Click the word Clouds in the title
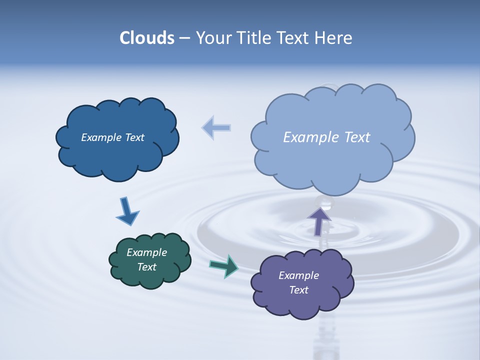tap(147, 38)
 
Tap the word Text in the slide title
tap(294, 38)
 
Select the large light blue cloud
tap(332, 160)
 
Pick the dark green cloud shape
tap(150, 277)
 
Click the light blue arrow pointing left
tap(216, 127)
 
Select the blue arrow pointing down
tap(127, 211)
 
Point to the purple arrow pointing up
tap(319, 220)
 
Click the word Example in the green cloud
tap(146, 252)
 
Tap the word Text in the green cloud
tap(146, 267)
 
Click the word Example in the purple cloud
tap(298, 275)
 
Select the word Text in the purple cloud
tap(298, 290)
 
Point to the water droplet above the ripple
tap(326, 202)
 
